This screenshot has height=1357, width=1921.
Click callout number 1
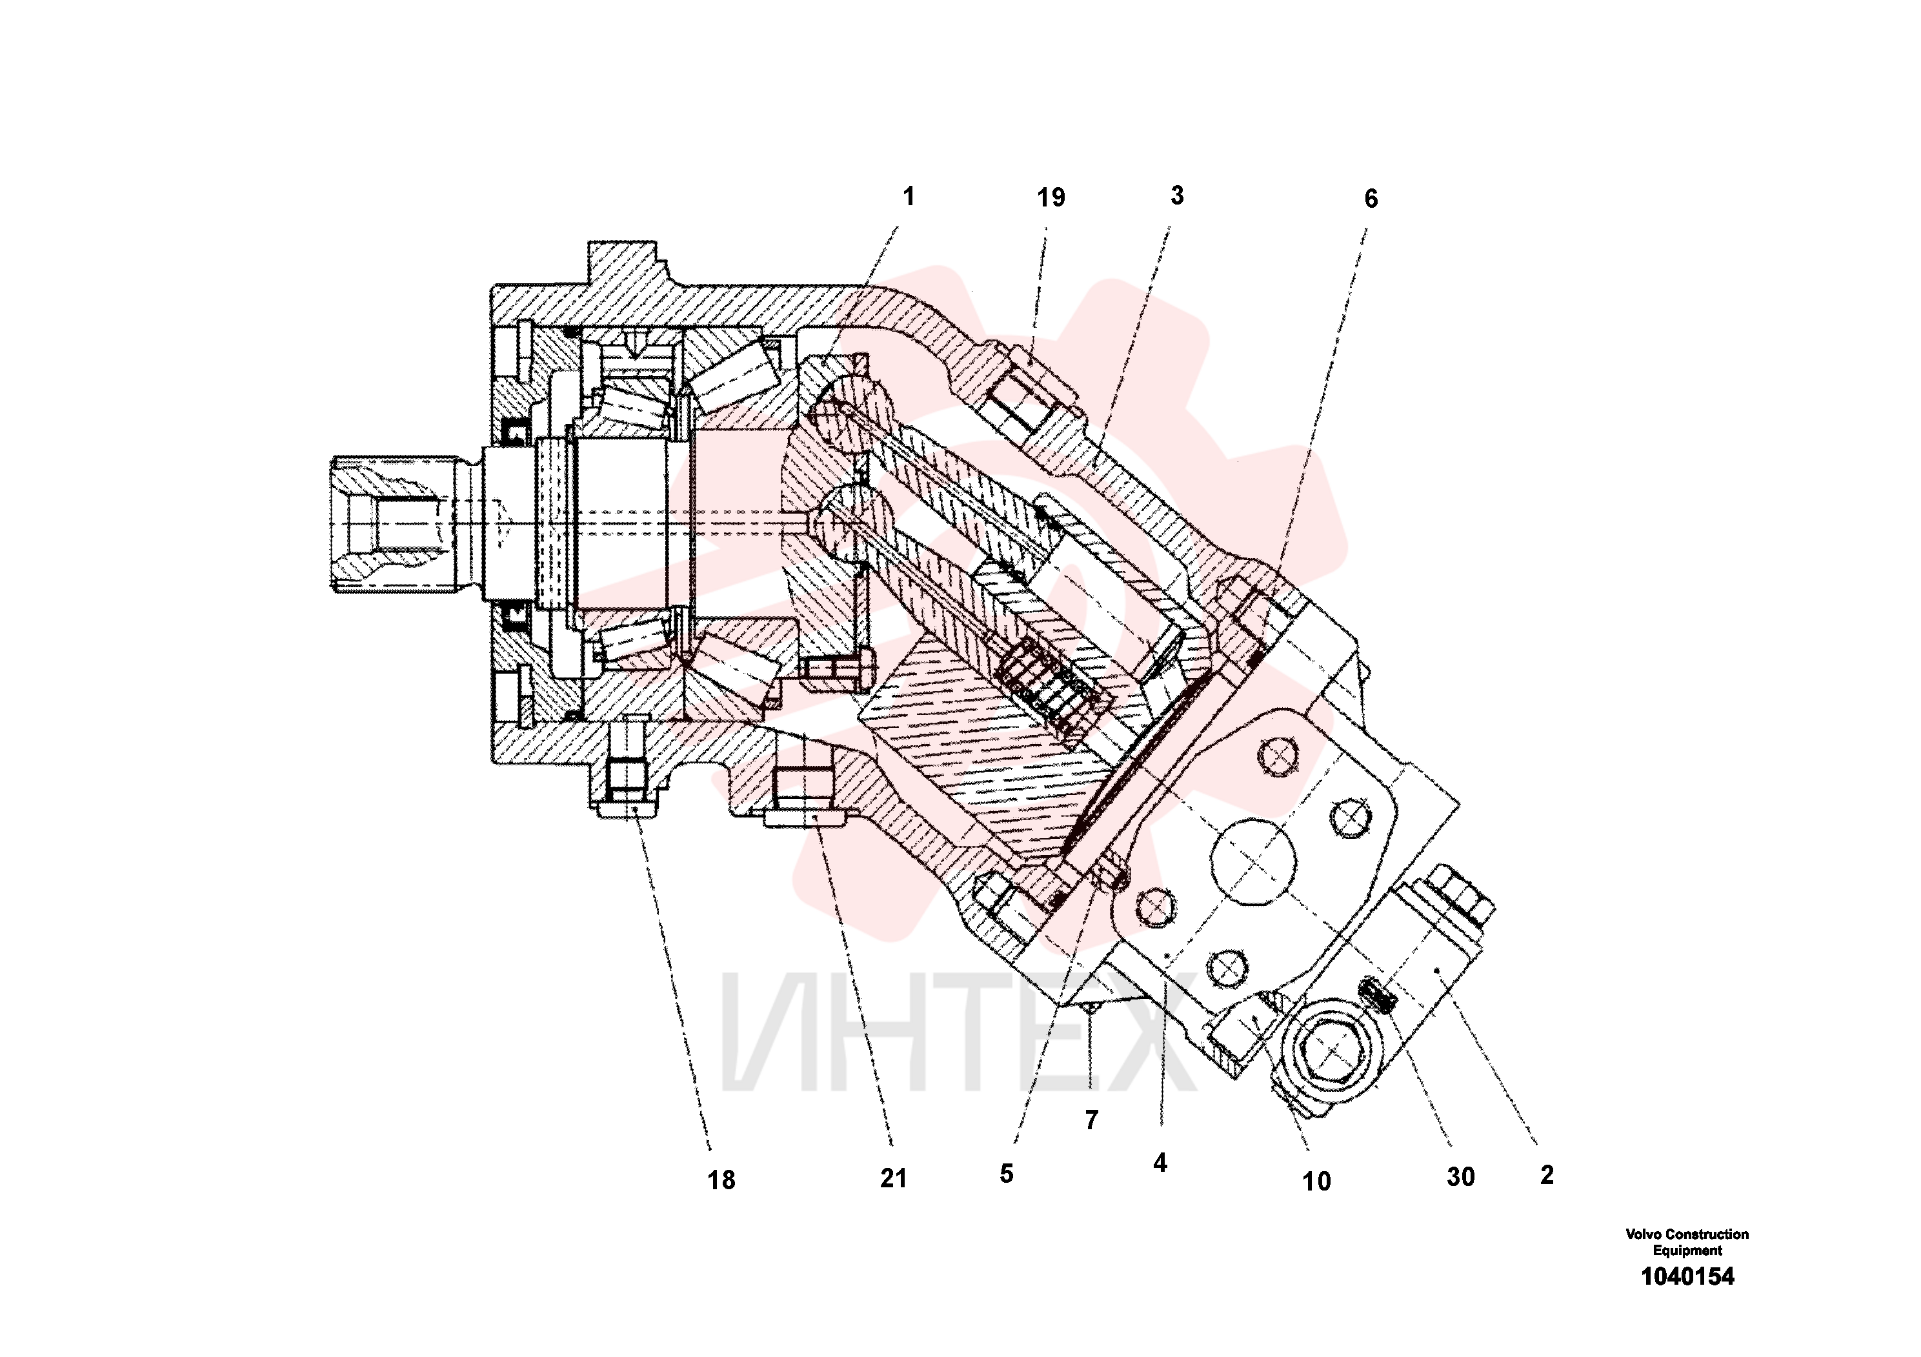[909, 197]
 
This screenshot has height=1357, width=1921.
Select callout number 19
[1051, 197]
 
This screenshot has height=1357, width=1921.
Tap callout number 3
[1177, 196]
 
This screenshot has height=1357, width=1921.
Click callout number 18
[721, 1180]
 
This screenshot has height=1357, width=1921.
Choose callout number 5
[1007, 1174]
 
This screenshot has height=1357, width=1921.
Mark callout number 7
[1091, 1120]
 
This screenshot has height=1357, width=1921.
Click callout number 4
[1160, 1162]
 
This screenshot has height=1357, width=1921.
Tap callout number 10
[1316, 1181]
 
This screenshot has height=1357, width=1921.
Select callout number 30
[1461, 1177]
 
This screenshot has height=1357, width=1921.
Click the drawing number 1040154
[1687, 1277]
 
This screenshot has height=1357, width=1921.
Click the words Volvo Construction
[1687, 1234]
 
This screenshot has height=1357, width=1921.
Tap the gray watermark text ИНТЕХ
[958, 1034]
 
